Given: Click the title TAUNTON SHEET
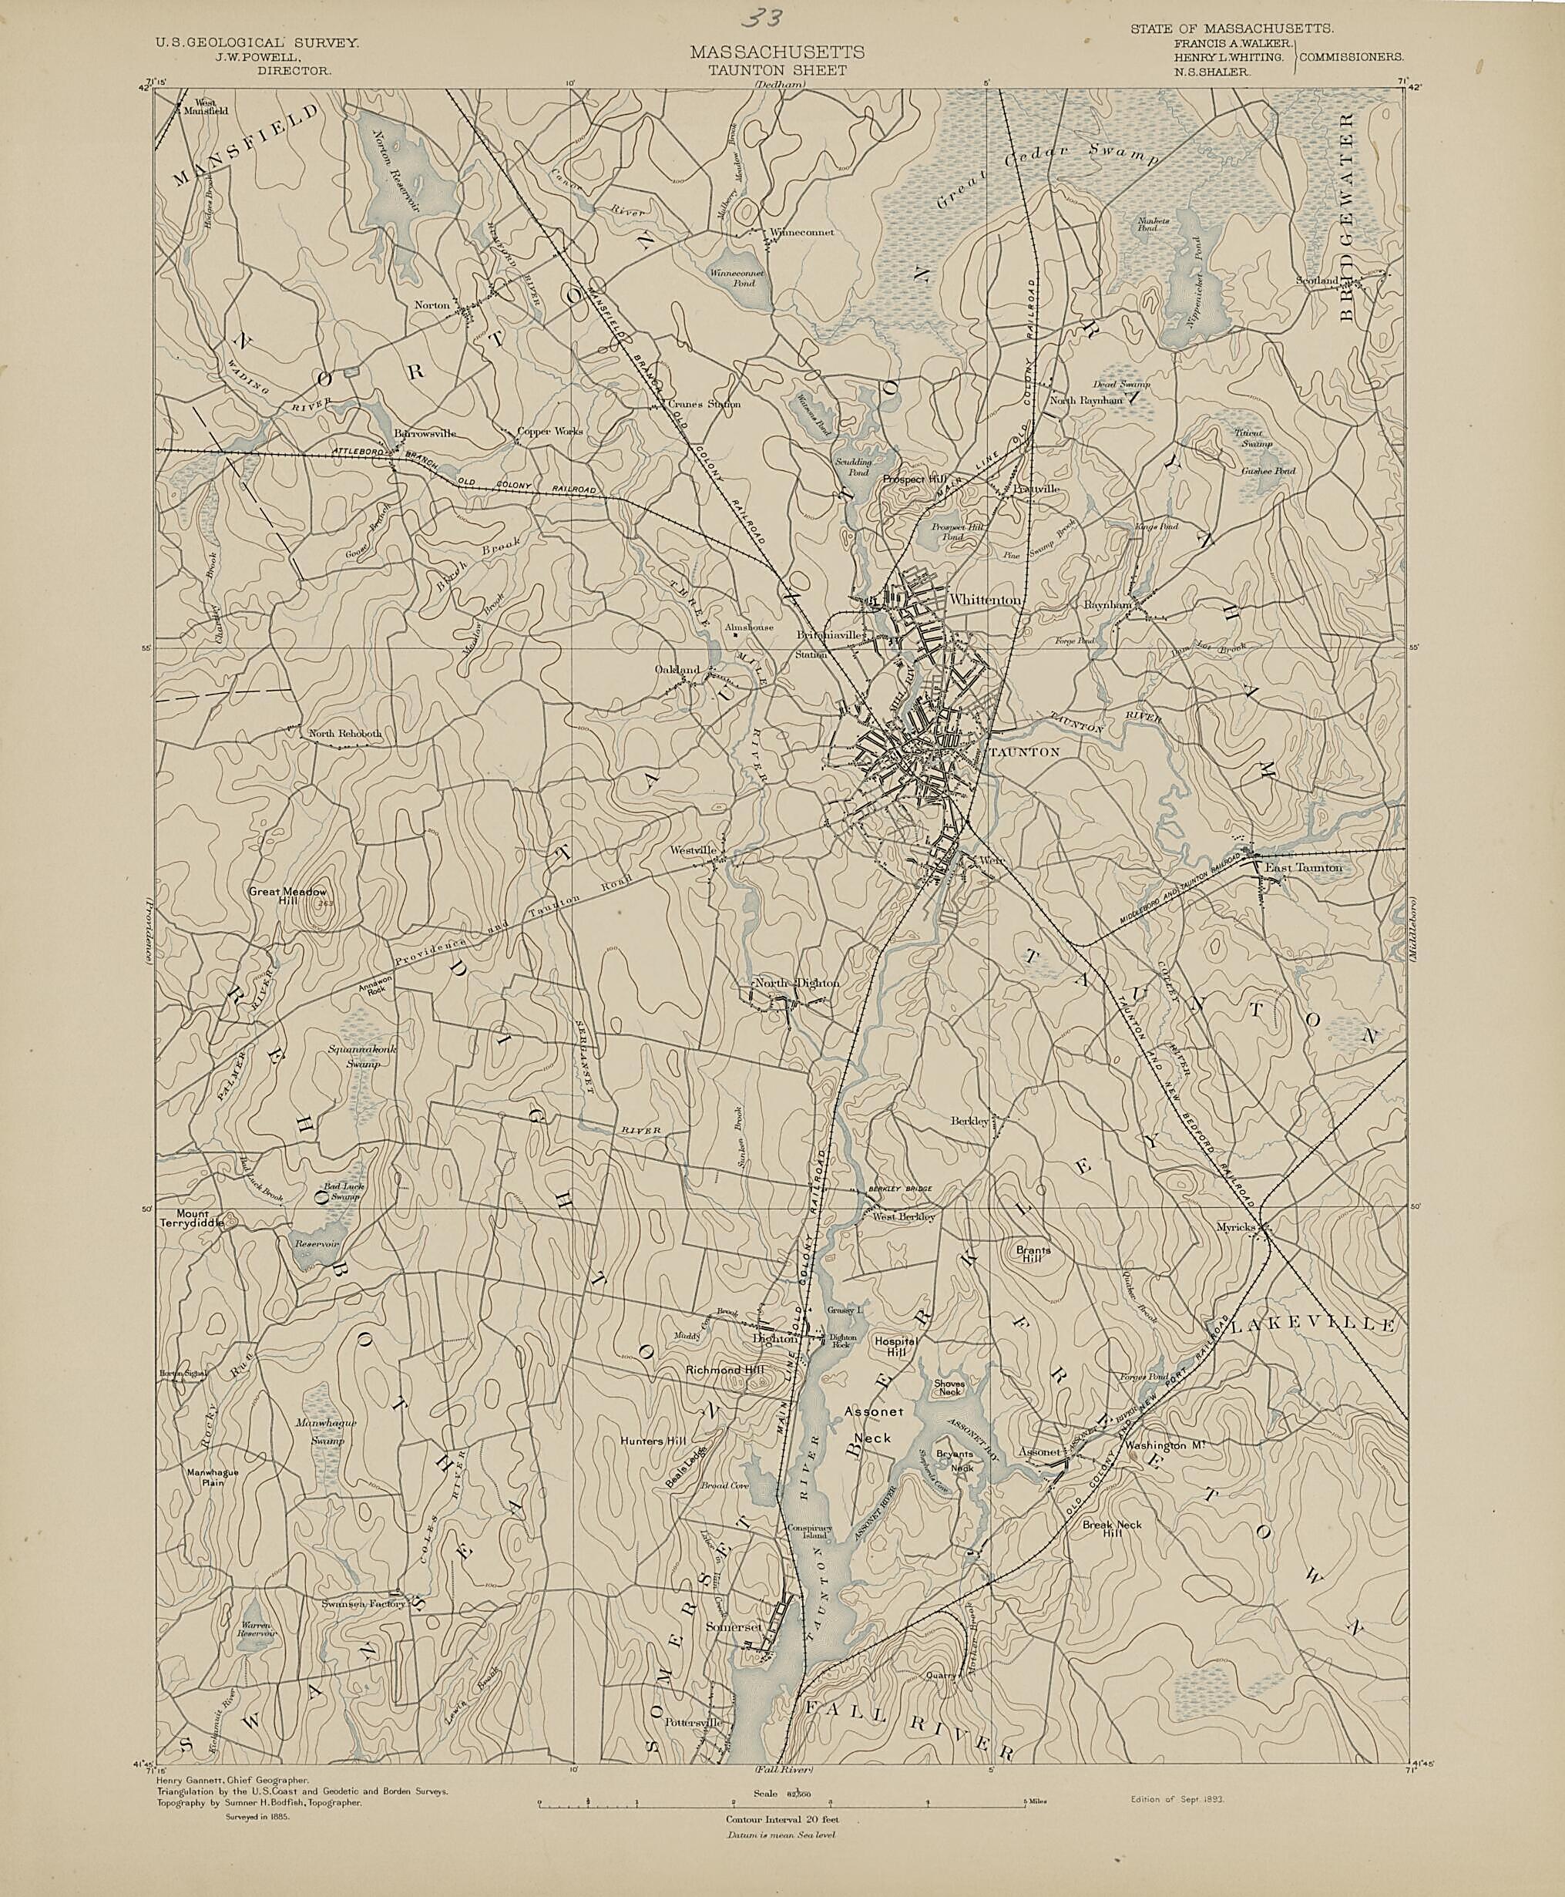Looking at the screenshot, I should (776, 70).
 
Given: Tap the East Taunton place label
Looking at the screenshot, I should (1303, 867).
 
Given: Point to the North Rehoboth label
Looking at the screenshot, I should (345, 733).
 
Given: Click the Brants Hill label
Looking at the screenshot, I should (1033, 1255).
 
